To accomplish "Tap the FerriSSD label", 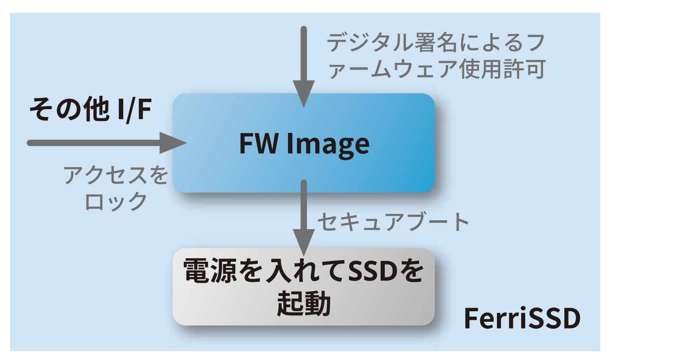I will (522, 319).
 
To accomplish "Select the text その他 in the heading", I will (69, 109).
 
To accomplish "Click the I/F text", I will (135, 109).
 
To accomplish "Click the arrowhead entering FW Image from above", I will (304, 93).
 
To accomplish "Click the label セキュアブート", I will (393, 221).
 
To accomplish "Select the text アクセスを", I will (116, 175).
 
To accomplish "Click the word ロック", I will (116, 201).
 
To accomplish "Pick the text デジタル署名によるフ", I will (436, 43).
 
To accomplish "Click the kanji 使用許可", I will (502, 69).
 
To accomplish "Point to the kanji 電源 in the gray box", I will (210, 271).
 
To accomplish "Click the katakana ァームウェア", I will (393, 69).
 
